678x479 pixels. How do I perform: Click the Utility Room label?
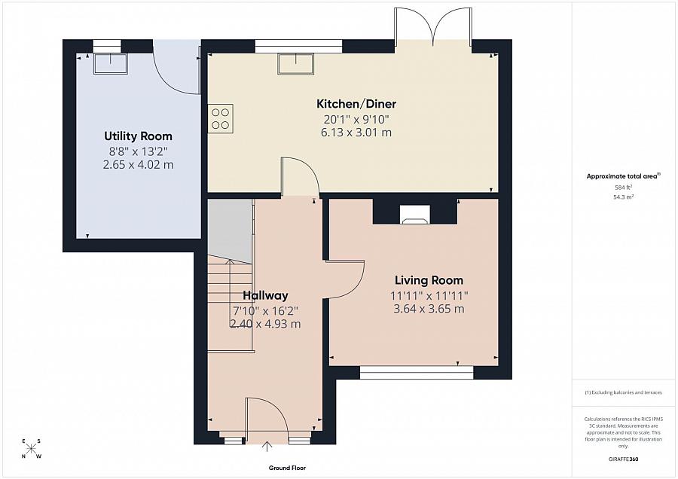pos(138,136)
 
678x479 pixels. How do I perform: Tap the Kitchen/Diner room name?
pos(356,104)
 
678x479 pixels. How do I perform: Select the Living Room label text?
pos(428,280)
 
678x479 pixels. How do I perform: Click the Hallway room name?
pos(265,295)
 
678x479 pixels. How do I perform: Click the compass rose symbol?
pos(32,449)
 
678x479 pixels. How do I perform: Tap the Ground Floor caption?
pos(287,468)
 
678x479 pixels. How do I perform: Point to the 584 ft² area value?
pos(624,187)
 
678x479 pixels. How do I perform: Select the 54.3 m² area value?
pos(624,197)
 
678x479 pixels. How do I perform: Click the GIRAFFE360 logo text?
pos(624,459)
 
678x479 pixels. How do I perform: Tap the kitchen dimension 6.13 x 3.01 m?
pos(356,133)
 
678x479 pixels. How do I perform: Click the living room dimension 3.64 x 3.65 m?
pos(428,309)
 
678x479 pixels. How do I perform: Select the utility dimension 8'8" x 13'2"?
pos(138,151)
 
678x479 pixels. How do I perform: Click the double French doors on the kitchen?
pos(432,26)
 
